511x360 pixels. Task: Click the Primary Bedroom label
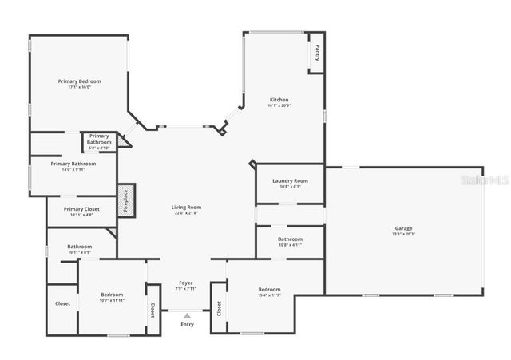(79, 81)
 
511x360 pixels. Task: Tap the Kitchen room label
(279, 100)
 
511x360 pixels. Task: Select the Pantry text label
(317, 53)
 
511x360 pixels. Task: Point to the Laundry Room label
(290, 181)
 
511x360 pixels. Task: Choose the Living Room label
(186, 207)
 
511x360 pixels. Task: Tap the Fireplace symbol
(126, 200)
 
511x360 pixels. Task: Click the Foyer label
(185, 283)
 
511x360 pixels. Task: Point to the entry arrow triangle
(187, 316)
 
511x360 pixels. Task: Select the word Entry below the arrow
(187, 324)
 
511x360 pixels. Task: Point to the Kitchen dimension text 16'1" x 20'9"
(279, 105)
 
